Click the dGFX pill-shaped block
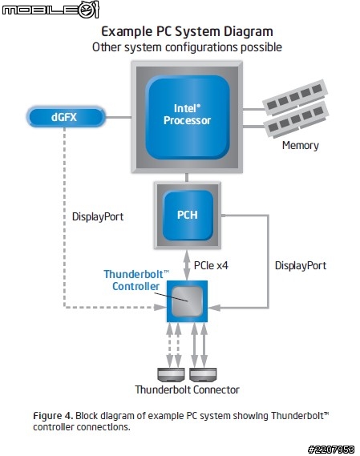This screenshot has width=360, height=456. (x=66, y=117)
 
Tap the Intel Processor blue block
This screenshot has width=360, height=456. (x=188, y=117)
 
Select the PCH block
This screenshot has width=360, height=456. (x=188, y=215)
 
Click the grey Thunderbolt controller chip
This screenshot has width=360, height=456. (x=187, y=301)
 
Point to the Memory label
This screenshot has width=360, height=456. (x=301, y=145)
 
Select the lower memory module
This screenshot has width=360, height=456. (x=297, y=120)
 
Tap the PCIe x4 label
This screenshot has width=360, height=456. (x=211, y=265)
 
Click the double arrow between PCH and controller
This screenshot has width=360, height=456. (x=187, y=265)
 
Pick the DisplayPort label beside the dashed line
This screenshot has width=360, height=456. (x=98, y=216)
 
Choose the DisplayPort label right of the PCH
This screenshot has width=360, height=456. (x=301, y=265)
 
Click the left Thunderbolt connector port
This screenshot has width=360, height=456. (x=171, y=374)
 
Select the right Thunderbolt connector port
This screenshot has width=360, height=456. (x=203, y=374)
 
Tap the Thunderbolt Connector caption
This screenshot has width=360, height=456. (x=187, y=389)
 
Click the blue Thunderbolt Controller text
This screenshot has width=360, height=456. (x=136, y=280)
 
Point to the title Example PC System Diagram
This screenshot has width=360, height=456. (x=187, y=31)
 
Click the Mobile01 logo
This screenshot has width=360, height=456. (x=51, y=10)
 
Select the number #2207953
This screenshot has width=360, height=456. (x=331, y=450)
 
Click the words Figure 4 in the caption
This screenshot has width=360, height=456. (x=53, y=416)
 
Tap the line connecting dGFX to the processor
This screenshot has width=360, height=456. (x=118, y=118)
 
